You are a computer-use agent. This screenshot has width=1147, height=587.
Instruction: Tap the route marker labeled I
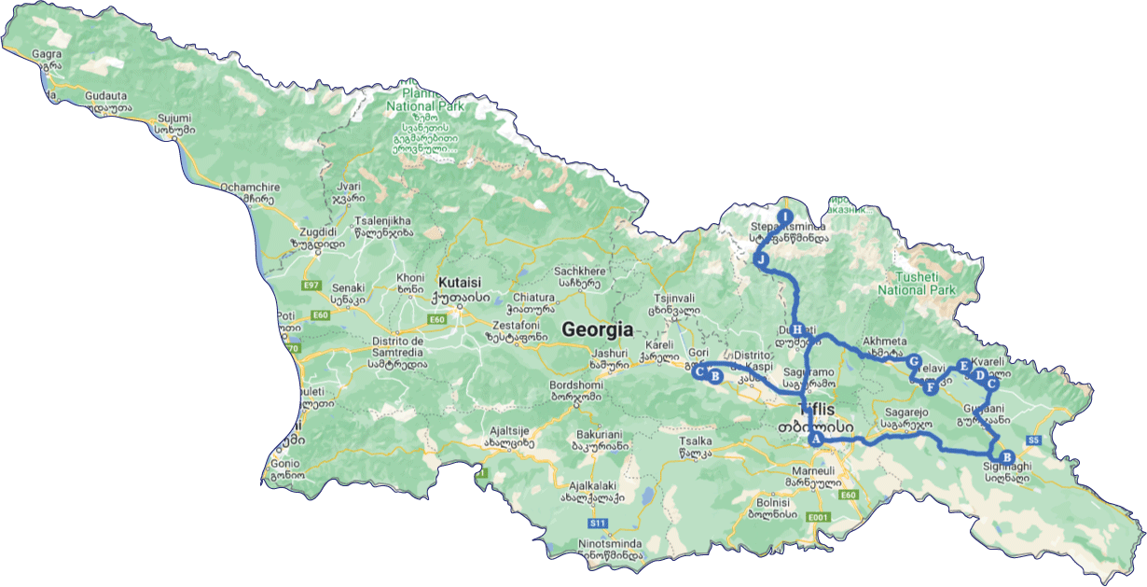pyautogui.click(x=784, y=215)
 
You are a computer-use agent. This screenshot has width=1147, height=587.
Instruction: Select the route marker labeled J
pyautogui.click(x=762, y=260)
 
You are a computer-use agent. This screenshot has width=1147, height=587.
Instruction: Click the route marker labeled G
pyautogui.click(x=915, y=361)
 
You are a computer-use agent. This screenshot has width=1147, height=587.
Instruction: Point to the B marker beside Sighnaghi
pyautogui.click(x=1005, y=457)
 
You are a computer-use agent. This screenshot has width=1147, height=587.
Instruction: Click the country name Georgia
pyautogui.click(x=597, y=329)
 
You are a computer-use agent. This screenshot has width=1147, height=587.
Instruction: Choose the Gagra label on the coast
pyautogui.click(x=47, y=54)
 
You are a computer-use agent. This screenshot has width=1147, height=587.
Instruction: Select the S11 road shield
pyautogui.click(x=598, y=523)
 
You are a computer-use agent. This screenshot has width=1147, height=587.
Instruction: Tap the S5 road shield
pyautogui.click(x=1032, y=440)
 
